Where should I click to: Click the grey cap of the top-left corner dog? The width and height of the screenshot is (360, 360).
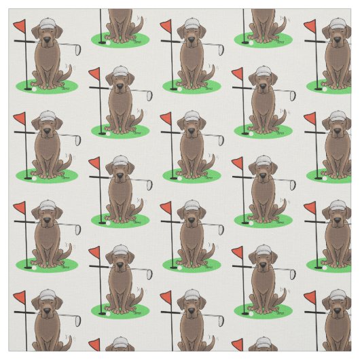coord(46,24)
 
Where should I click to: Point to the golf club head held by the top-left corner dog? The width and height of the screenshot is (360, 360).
coord(76,49)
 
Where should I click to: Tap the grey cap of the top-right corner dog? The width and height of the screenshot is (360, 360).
coord(336,24)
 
